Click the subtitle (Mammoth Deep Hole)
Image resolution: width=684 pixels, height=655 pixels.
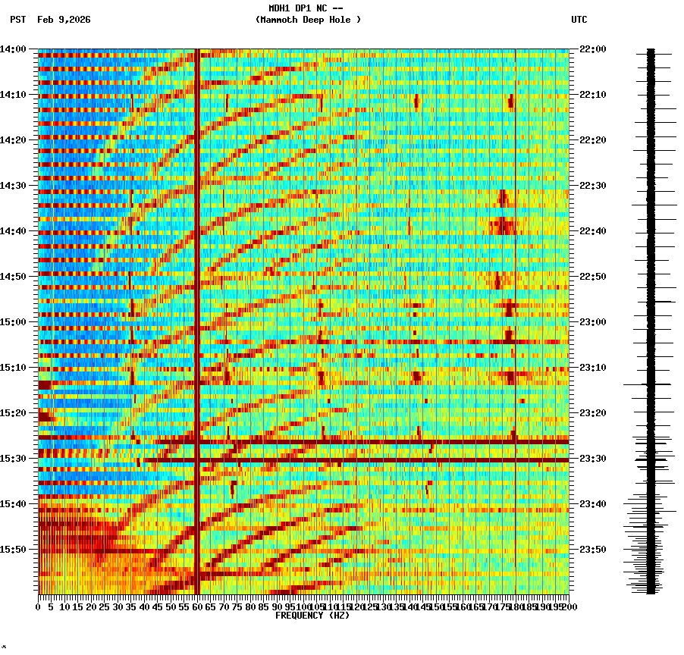[308, 20]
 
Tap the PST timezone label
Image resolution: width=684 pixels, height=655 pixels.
[18, 20]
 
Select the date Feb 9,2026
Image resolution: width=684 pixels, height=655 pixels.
[64, 20]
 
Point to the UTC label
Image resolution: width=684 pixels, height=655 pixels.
[579, 20]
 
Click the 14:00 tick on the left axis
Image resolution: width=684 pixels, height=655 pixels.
[13, 49]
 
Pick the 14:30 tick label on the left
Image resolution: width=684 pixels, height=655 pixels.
[13, 186]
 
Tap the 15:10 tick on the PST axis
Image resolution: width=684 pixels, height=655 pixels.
[13, 368]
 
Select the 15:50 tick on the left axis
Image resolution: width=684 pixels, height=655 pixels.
[13, 550]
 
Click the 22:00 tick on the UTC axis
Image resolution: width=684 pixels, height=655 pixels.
[592, 49]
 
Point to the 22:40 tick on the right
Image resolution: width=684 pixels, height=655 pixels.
[592, 231]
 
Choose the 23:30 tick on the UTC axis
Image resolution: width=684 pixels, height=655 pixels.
[592, 459]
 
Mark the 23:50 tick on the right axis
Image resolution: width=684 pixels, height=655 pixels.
[592, 550]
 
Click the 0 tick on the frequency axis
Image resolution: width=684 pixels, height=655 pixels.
[39, 606]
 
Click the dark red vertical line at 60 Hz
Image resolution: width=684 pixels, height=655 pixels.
[197, 303]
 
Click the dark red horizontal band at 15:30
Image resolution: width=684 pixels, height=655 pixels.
[356, 460]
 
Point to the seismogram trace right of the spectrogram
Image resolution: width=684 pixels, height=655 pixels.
[651, 318]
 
